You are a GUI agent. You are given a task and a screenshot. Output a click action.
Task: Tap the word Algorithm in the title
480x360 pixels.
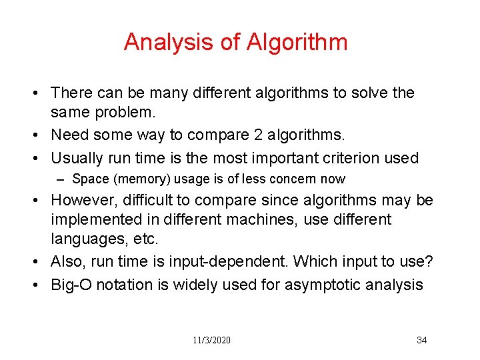point(297,42)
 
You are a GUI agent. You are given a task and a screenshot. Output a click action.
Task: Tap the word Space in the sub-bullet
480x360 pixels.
point(89,179)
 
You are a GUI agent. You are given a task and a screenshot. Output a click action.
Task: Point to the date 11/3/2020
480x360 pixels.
point(212,341)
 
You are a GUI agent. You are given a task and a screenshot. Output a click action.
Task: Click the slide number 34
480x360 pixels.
point(421,341)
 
